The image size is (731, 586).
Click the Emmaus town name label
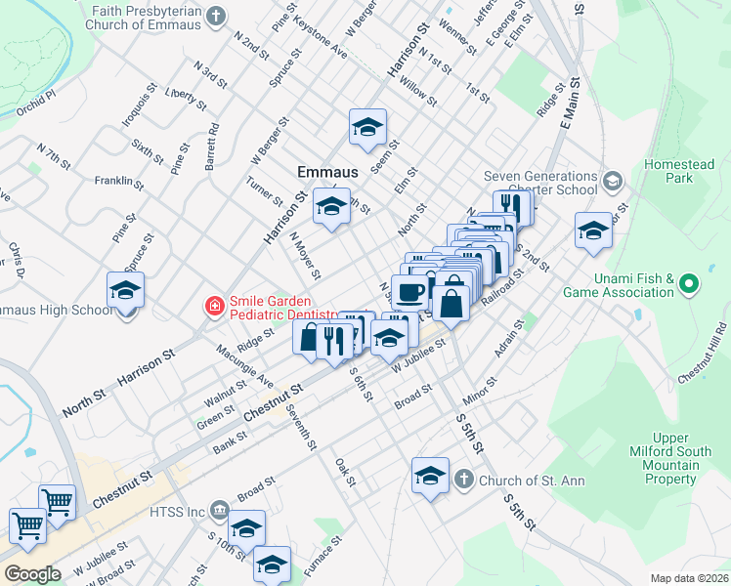[326, 172]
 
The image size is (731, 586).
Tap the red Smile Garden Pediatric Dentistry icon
[213, 308]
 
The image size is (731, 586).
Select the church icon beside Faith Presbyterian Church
[217, 17]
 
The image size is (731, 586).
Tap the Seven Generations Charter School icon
[612, 181]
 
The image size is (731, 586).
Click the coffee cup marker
[408, 291]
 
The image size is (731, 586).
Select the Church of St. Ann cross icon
[463, 480]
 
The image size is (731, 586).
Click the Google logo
[32, 573]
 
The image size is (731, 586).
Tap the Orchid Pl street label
[36, 105]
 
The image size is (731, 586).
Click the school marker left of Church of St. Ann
[430, 477]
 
